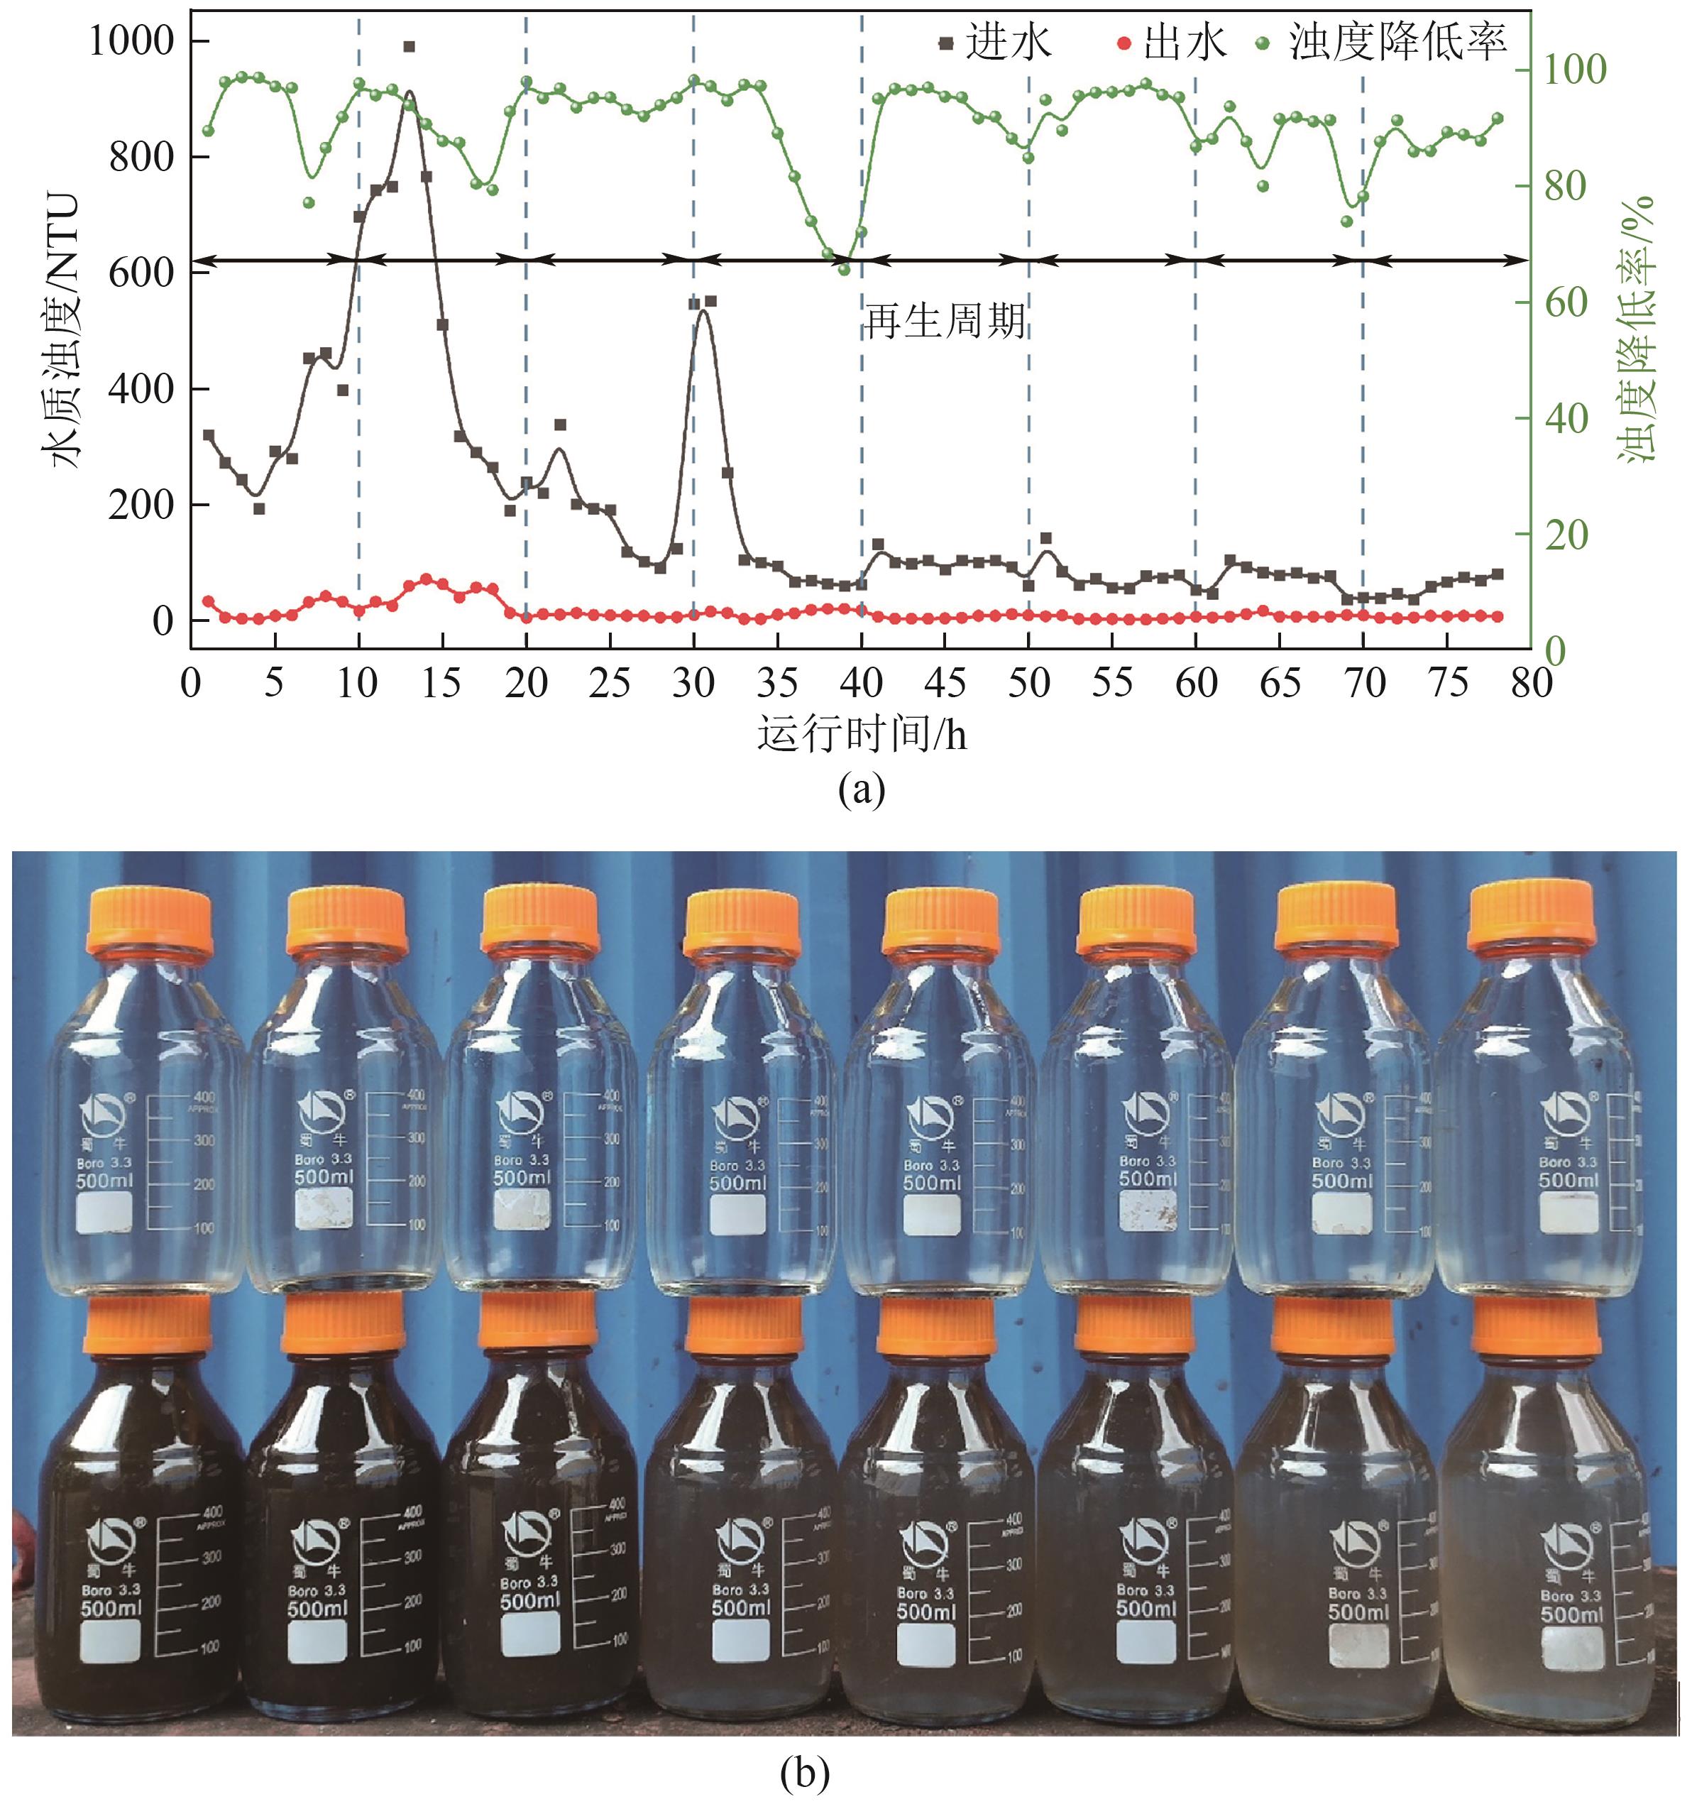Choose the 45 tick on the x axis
[945, 682]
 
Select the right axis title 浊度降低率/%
[1640, 332]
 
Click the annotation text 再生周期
[945, 320]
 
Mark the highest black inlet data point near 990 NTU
[410, 46]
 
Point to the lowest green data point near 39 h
[844, 268]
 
